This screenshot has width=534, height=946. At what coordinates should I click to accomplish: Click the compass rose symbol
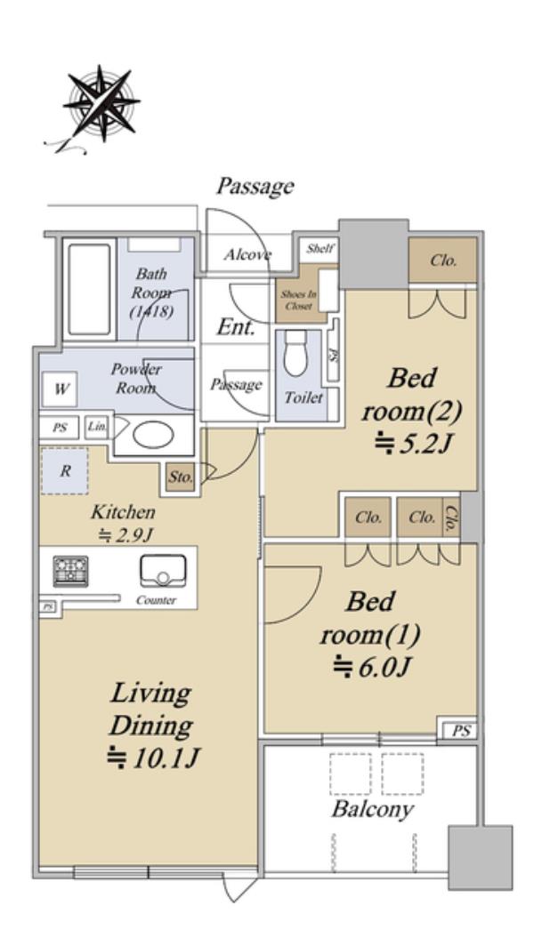pyautogui.click(x=101, y=104)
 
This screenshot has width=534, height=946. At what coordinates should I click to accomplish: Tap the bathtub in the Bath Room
pyautogui.click(x=89, y=289)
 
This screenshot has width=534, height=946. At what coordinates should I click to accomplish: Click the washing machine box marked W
pyautogui.click(x=60, y=389)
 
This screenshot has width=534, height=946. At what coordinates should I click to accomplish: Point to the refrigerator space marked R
pyautogui.click(x=65, y=471)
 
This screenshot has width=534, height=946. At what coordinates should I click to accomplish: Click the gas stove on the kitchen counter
pyautogui.click(x=70, y=571)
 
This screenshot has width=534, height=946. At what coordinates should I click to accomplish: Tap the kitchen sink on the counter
pyautogui.click(x=163, y=572)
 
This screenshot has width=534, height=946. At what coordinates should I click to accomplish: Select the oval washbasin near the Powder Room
pyautogui.click(x=153, y=435)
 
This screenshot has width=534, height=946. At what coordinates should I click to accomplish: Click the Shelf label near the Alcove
pyautogui.click(x=319, y=249)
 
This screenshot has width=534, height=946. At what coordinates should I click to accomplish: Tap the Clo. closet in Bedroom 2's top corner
pyautogui.click(x=443, y=260)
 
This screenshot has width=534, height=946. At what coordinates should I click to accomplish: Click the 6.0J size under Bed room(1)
pyautogui.click(x=373, y=667)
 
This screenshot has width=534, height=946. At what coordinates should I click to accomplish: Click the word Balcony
pyautogui.click(x=372, y=809)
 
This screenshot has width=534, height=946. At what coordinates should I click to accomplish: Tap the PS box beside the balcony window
pyautogui.click(x=461, y=731)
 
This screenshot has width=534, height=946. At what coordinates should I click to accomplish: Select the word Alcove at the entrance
pyautogui.click(x=247, y=254)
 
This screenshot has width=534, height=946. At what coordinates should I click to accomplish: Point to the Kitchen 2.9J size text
pyautogui.click(x=125, y=534)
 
